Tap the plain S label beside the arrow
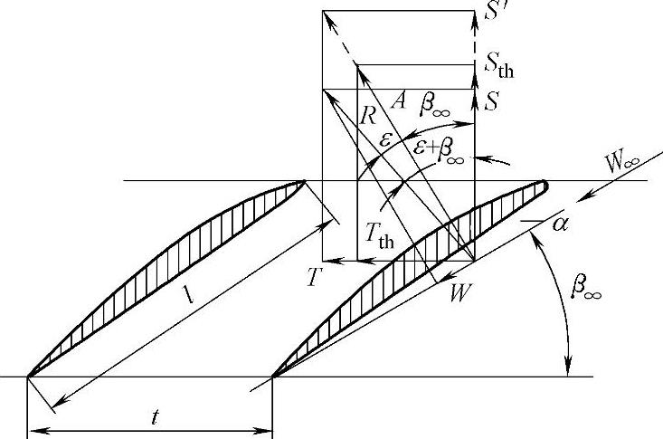pos(491,100)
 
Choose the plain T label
pos(312,276)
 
